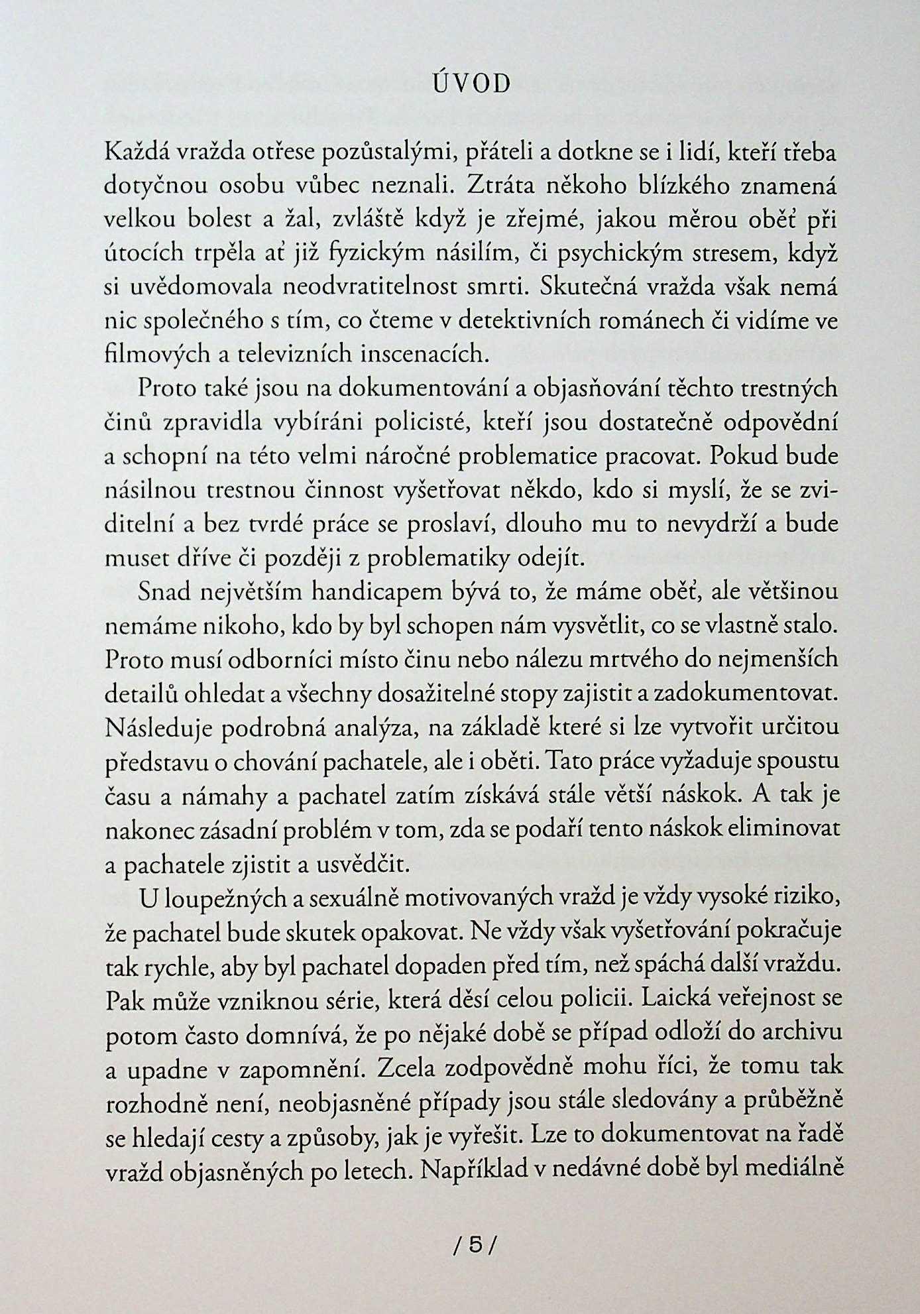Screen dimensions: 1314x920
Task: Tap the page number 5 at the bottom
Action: tap(475, 1245)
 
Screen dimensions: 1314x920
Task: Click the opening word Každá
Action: tap(136, 153)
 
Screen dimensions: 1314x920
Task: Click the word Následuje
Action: tap(156, 727)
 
